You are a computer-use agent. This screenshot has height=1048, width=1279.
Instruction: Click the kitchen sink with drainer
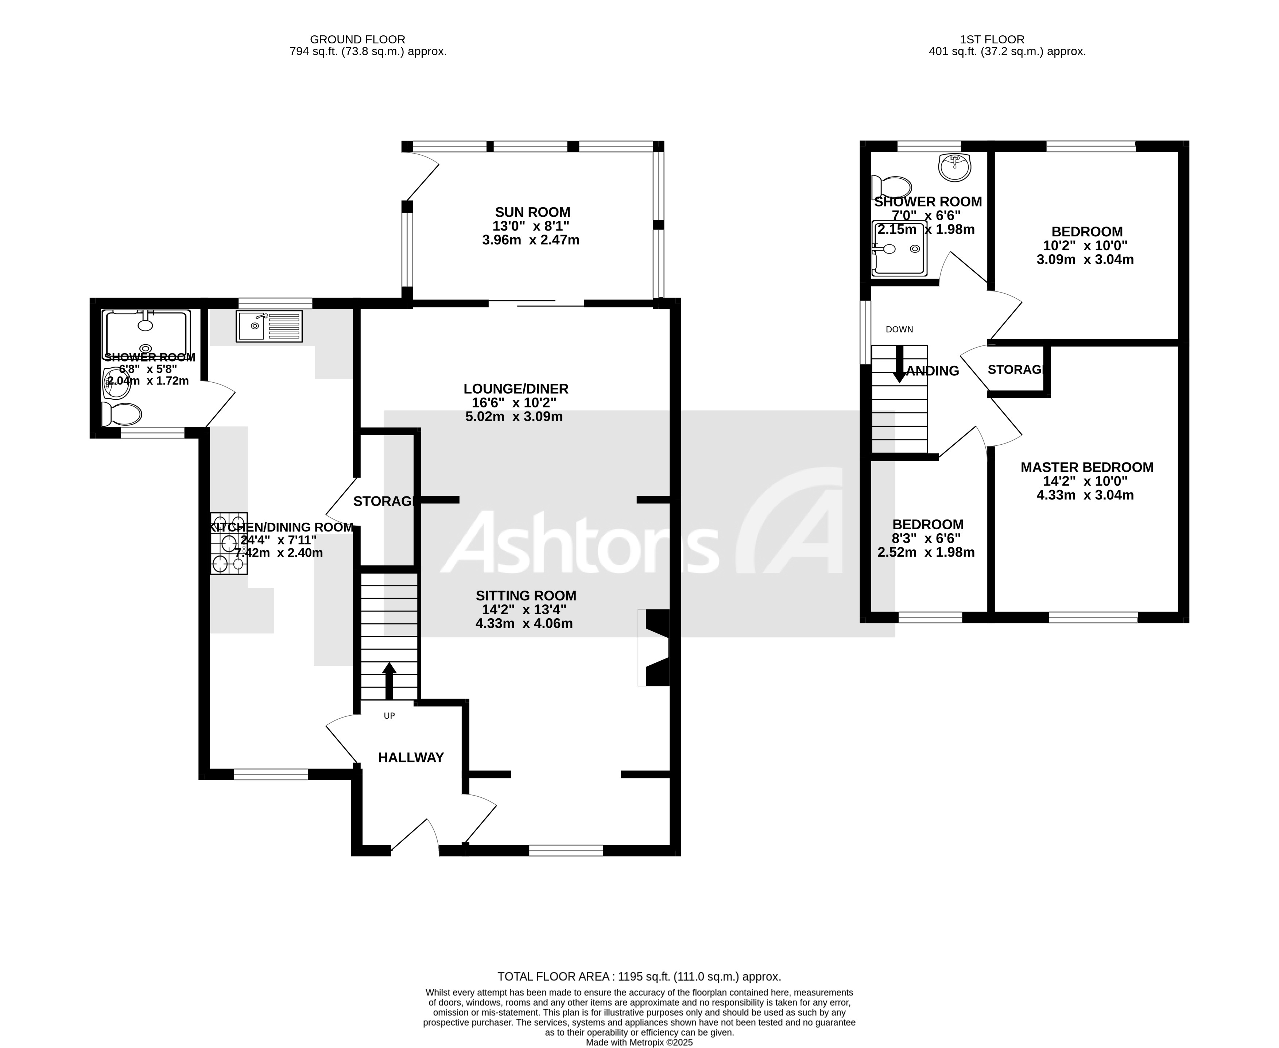pos(269,326)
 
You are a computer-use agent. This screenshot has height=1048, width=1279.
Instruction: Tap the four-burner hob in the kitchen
pos(229,543)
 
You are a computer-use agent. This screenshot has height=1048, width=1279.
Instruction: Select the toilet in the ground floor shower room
pos(123,414)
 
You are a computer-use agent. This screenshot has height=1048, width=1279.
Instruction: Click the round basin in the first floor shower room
pos(954,167)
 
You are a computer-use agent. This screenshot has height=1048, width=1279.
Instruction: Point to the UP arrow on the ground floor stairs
pos(389,680)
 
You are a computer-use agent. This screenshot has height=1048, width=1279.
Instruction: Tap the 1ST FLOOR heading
pos(992,40)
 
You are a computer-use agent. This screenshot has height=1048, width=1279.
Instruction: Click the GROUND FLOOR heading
pos(357,40)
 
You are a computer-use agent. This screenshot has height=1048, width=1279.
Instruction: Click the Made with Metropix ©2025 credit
pos(639,1042)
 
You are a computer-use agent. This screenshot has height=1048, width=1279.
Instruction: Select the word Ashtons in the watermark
pos(580,542)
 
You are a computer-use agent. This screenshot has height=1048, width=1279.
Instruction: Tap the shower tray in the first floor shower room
pos(899,248)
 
